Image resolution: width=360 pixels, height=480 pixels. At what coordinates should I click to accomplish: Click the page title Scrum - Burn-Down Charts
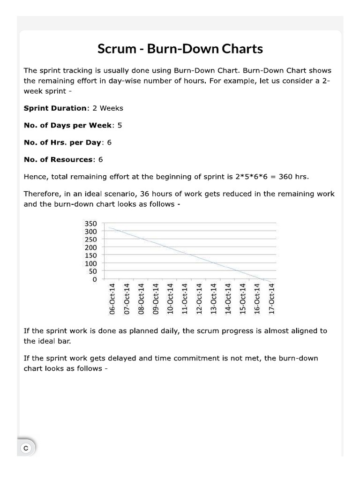(180, 49)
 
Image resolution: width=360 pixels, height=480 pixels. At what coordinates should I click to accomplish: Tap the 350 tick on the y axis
(90, 224)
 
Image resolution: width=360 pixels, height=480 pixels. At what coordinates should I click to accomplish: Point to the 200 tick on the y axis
(90, 247)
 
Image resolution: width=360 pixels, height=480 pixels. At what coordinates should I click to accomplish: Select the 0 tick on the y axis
(94, 279)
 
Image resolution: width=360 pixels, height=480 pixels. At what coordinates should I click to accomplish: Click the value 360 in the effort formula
(285, 177)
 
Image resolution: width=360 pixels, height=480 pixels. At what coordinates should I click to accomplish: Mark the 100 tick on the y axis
(90, 263)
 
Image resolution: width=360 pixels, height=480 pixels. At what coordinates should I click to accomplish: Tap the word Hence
(35, 177)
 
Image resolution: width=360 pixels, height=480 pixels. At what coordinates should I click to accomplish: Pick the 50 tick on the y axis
(92, 271)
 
